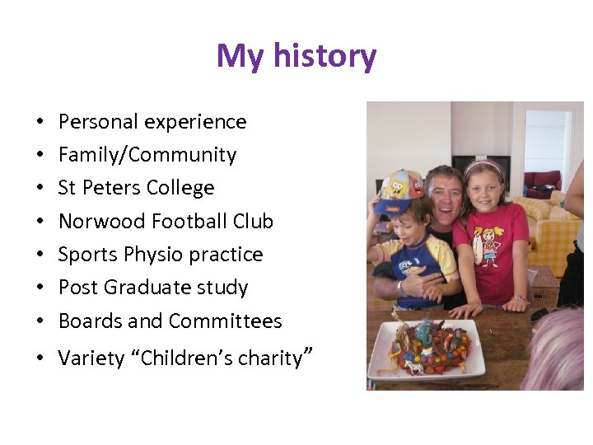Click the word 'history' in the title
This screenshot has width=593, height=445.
pyautogui.click(x=325, y=56)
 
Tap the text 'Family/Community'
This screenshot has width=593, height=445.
pyautogui.click(x=147, y=155)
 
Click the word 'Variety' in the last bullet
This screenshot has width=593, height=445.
pyautogui.click(x=89, y=358)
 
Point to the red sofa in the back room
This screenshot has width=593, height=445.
pyautogui.click(x=543, y=180)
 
